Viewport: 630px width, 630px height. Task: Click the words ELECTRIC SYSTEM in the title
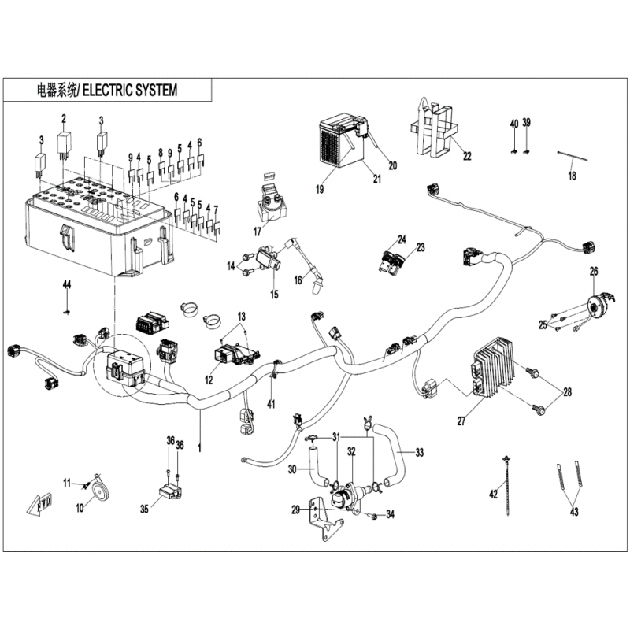pos(130,91)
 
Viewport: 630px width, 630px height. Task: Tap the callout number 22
pos(467,156)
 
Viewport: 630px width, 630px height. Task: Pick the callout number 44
pos(67,285)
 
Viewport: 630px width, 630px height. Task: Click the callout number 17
pos(258,232)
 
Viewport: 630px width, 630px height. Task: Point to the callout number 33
pos(420,453)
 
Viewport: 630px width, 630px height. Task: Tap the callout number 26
pos(594,272)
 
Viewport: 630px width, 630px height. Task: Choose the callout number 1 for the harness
pos(199,447)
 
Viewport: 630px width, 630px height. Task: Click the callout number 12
pos(209,380)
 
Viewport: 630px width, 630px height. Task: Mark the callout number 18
pos(572,176)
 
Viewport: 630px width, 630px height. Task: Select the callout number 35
pos(144,510)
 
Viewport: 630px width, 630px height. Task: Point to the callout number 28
pos(567,391)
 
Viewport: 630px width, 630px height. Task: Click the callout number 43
pos(574,512)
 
